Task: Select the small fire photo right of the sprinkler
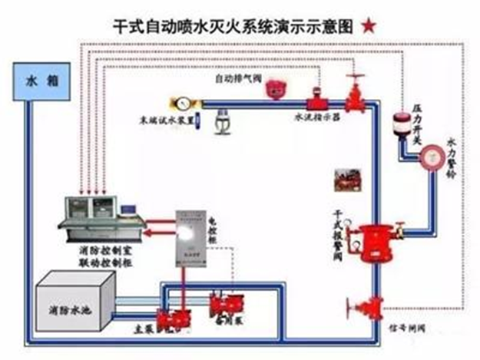coord(342,183)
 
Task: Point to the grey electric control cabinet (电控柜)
coord(191,239)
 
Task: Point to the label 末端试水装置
coord(161,120)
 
